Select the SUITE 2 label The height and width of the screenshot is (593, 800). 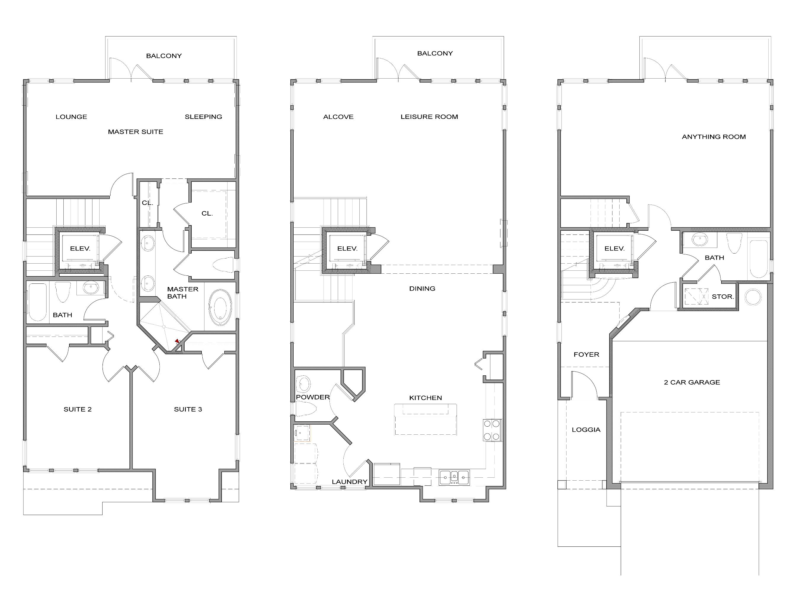tap(78, 409)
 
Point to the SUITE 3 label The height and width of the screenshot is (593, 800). tap(188, 409)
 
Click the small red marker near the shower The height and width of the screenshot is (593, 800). tap(177, 341)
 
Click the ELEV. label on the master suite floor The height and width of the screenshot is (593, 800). tap(80, 248)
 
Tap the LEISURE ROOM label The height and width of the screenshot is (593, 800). tap(429, 117)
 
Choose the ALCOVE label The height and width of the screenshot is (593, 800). tap(338, 117)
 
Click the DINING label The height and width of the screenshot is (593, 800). tap(422, 288)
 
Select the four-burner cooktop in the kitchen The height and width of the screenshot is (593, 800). tap(492, 430)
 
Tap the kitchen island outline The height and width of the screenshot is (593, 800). tap(425, 419)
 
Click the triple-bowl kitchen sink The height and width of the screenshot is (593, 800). tap(454, 477)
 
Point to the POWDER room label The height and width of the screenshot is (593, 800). tap(313, 397)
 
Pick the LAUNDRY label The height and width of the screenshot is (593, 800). tap(349, 482)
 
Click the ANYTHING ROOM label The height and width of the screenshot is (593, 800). tap(713, 137)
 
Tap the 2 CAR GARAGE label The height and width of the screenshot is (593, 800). tap(692, 382)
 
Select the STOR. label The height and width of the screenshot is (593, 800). tap(722, 296)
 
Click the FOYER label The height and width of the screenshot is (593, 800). tap(586, 355)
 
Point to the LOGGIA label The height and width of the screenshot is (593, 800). tap(586, 430)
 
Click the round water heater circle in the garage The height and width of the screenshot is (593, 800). tap(753, 297)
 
